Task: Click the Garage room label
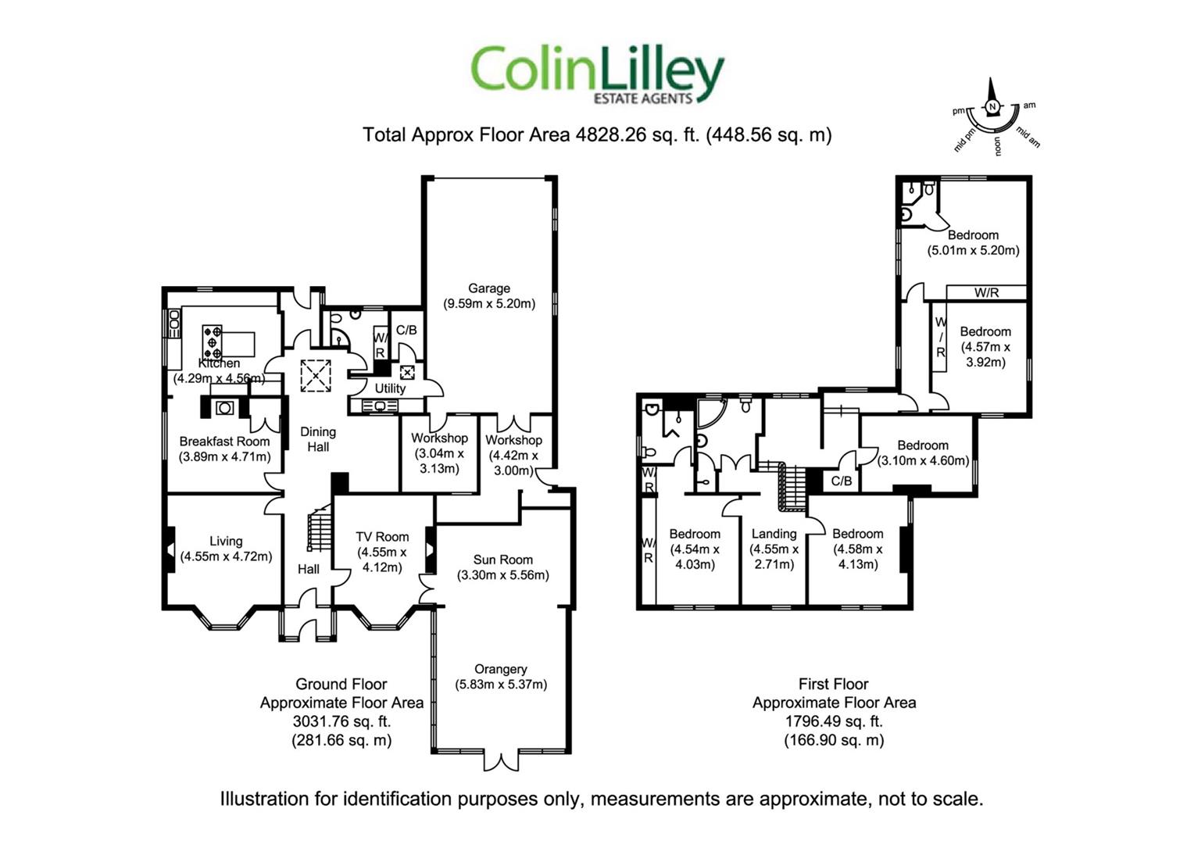[489, 288]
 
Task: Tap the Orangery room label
[501, 669]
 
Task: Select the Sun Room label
[502, 560]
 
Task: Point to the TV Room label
[382, 537]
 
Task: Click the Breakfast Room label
[224, 442]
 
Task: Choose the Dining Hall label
[318, 439]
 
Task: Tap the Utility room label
[390, 388]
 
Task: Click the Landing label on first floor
[774, 534]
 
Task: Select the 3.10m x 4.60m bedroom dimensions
[923, 460]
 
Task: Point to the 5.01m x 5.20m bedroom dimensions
[974, 251]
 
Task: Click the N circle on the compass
[992, 106]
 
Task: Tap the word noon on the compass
[998, 145]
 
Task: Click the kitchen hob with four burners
[212, 342]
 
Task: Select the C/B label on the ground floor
[406, 331]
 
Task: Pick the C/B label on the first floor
[841, 481]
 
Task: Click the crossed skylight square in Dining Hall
[316, 377]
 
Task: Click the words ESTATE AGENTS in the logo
[643, 98]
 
